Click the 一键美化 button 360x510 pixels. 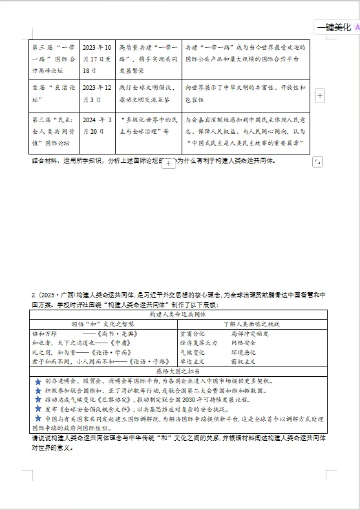[x=334, y=27]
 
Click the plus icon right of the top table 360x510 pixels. [x=319, y=96]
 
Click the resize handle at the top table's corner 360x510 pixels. [x=317, y=162]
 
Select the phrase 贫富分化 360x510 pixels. [x=191, y=334]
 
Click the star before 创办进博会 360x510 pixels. [x=38, y=382]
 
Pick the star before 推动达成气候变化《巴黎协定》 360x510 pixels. [x=38, y=400]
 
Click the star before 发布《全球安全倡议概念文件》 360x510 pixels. [x=38, y=409]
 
